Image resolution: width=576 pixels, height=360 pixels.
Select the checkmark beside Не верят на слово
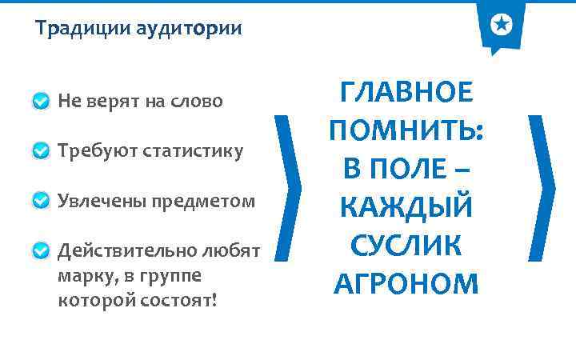[42, 102]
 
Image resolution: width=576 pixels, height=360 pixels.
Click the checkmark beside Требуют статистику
[42, 151]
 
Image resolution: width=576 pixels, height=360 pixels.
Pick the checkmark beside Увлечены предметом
[42, 201]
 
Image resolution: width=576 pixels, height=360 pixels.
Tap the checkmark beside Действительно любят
[42, 251]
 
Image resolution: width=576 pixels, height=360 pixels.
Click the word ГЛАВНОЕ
[406, 93]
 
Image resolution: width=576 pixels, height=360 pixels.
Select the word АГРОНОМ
[406, 282]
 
